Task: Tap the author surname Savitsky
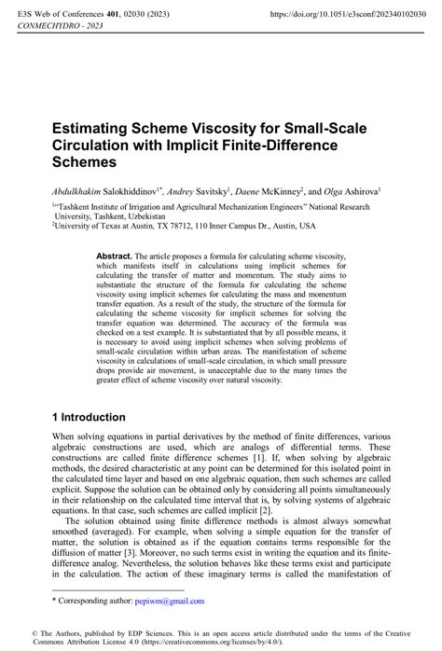[220, 188]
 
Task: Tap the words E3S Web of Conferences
[61, 15]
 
